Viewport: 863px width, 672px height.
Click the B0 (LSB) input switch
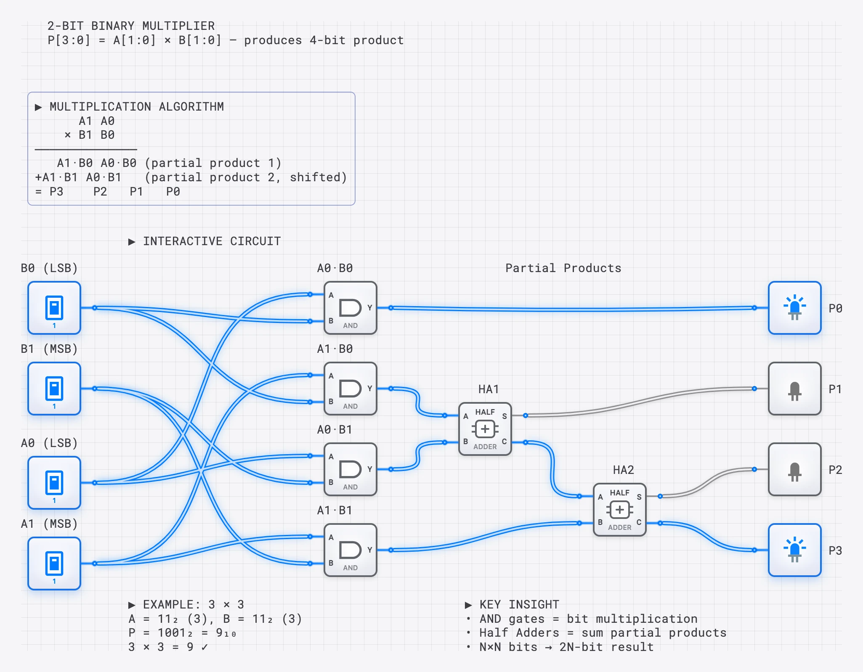(54, 308)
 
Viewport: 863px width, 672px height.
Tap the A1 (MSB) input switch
(54, 564)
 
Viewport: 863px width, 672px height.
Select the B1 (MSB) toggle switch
(54, 389)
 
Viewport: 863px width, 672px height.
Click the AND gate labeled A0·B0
(350, 308)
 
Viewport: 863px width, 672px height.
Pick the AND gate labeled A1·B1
(350, 550)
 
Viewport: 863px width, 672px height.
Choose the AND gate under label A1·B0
(350, 389)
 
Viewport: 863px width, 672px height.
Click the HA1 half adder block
(485, 429)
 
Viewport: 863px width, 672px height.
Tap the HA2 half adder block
(619, 510)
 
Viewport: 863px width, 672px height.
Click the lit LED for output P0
(794, 308)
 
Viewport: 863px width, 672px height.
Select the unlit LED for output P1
(794, 389)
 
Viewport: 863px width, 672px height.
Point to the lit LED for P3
(794, 550)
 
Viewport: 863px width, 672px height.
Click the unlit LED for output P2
(794, 469)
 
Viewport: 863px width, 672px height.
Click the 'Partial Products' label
(563, 268)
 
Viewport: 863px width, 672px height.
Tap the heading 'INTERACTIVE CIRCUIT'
(211, 241)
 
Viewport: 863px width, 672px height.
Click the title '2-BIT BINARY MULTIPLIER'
(131, 26)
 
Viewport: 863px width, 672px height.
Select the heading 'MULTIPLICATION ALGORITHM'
(136, 106)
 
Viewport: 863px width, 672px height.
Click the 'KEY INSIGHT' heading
(519, 604)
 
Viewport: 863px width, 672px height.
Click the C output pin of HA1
(525, 442)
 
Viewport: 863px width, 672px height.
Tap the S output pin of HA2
(660, 496)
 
